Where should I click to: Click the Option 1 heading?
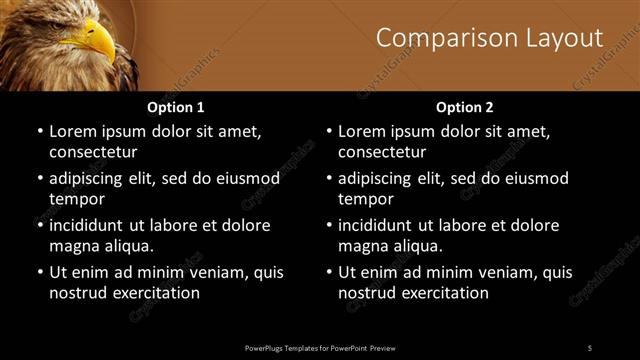point(176,107)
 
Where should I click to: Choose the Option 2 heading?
point(465,107)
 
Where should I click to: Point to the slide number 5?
point(590,347)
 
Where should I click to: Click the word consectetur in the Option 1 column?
point(93,152)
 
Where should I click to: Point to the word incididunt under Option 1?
point(92,225)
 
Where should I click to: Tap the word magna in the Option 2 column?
point(362,246)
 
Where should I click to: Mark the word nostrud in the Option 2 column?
point(366,293)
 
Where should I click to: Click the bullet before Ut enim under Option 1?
point(38,272)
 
